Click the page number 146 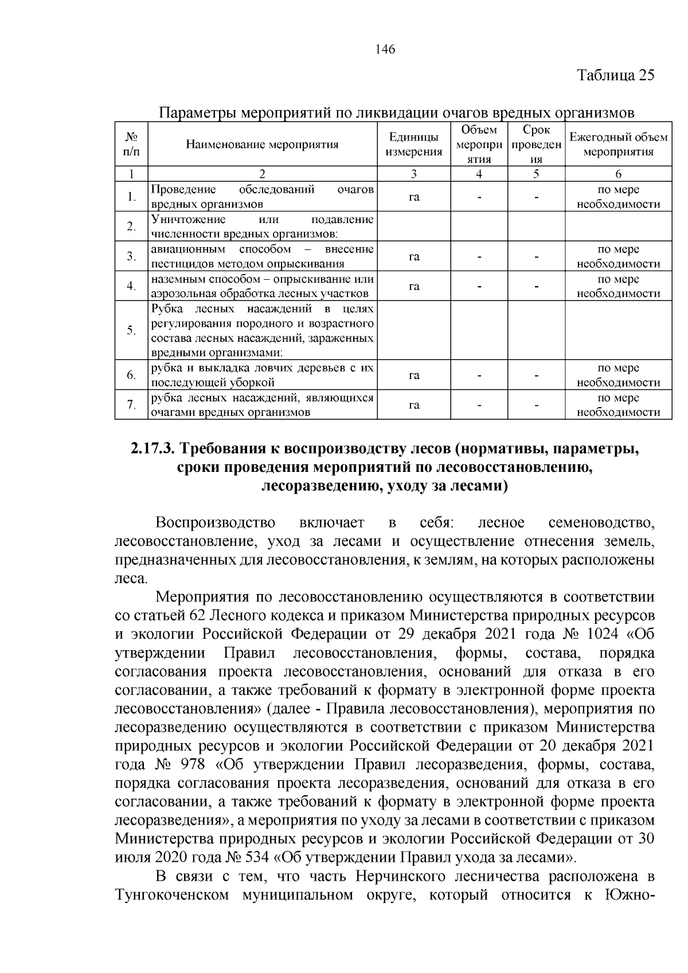[385, 50]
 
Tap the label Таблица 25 [615, 76]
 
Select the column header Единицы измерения [413, 144]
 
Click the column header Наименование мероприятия [262, 144]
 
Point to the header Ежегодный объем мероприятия [618, 144]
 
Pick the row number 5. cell [131, 330]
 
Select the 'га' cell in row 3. [413, 256]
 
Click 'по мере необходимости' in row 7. [618, 405]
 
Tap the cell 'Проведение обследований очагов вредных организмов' [262, 197]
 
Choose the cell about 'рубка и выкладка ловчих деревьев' [262, 375]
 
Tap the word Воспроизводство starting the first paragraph [216, 523]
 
